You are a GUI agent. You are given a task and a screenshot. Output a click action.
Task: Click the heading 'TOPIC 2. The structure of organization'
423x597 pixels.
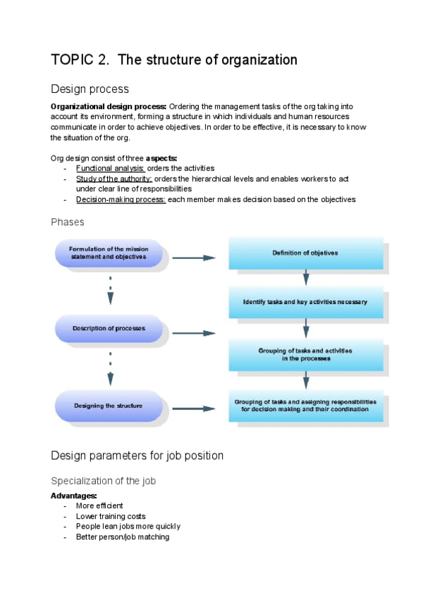[x=174, y=61]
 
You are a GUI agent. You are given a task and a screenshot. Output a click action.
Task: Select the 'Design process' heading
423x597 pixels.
[x=90, y=89]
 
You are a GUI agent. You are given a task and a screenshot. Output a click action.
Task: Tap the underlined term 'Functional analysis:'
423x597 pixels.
[x=110, y=168]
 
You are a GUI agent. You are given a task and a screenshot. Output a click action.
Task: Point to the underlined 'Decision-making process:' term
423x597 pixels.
[x=121, y=199]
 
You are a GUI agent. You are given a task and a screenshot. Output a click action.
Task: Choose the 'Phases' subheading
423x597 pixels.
[x=68, y=222]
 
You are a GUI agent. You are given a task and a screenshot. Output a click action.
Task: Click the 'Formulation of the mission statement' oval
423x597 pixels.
[x=109, y=253]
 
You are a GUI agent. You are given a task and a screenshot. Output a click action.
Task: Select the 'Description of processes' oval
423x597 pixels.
[x=109, y=329]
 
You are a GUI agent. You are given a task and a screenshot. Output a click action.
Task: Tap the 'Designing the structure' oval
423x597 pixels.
[x=109, y=406]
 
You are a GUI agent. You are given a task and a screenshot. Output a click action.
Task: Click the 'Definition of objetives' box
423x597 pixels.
[x=305, y=253]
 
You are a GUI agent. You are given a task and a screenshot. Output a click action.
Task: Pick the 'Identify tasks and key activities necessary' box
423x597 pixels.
[x=305, y=302]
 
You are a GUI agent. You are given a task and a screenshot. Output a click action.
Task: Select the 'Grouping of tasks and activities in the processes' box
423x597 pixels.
[x=305, y=354]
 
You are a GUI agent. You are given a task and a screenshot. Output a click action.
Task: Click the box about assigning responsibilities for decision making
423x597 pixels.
[x=305, y=406]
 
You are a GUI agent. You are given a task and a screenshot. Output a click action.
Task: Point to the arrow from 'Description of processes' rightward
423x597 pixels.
[x=193, y=333]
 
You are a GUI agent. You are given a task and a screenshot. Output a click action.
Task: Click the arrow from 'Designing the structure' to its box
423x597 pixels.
[x=193, y=408]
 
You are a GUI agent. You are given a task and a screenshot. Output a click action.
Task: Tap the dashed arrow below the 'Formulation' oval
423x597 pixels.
[x=111, y=289]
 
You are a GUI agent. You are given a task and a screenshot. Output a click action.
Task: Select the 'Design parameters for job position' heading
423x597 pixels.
[x=137, y=455]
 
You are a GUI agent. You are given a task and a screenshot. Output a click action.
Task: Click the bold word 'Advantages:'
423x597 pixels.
[x=73, y=496]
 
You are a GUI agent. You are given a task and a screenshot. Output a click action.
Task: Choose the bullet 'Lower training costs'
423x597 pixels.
[x=111, y=516]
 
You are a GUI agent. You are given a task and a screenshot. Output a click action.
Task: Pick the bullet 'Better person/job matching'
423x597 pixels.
[x=123, y=536]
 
